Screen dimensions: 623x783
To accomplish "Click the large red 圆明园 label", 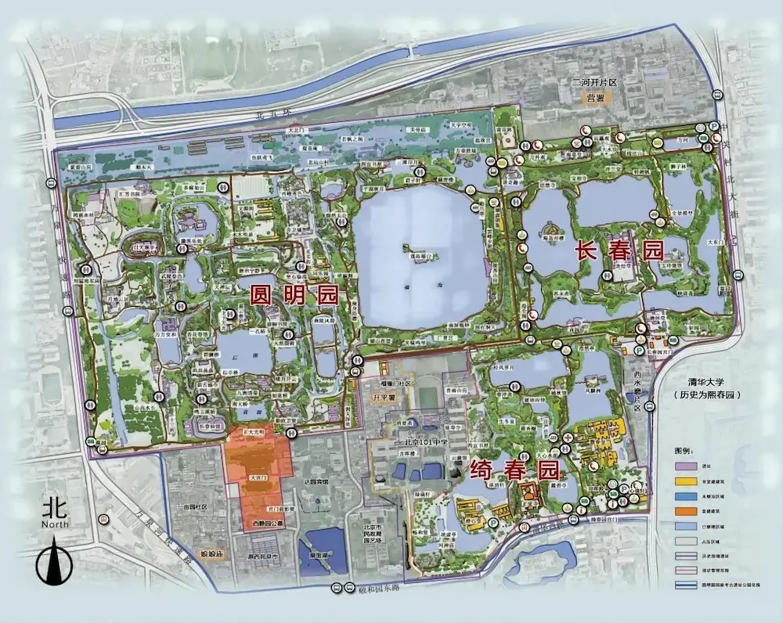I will (293, 294).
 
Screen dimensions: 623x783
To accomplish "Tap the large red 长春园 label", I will (619, 250).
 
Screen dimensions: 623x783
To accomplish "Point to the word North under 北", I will (56, 524).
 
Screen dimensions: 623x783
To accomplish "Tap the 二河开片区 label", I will (594, 82).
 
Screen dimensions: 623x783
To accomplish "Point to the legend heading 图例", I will (684, 452).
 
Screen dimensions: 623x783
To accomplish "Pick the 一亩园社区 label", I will (191, 507).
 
